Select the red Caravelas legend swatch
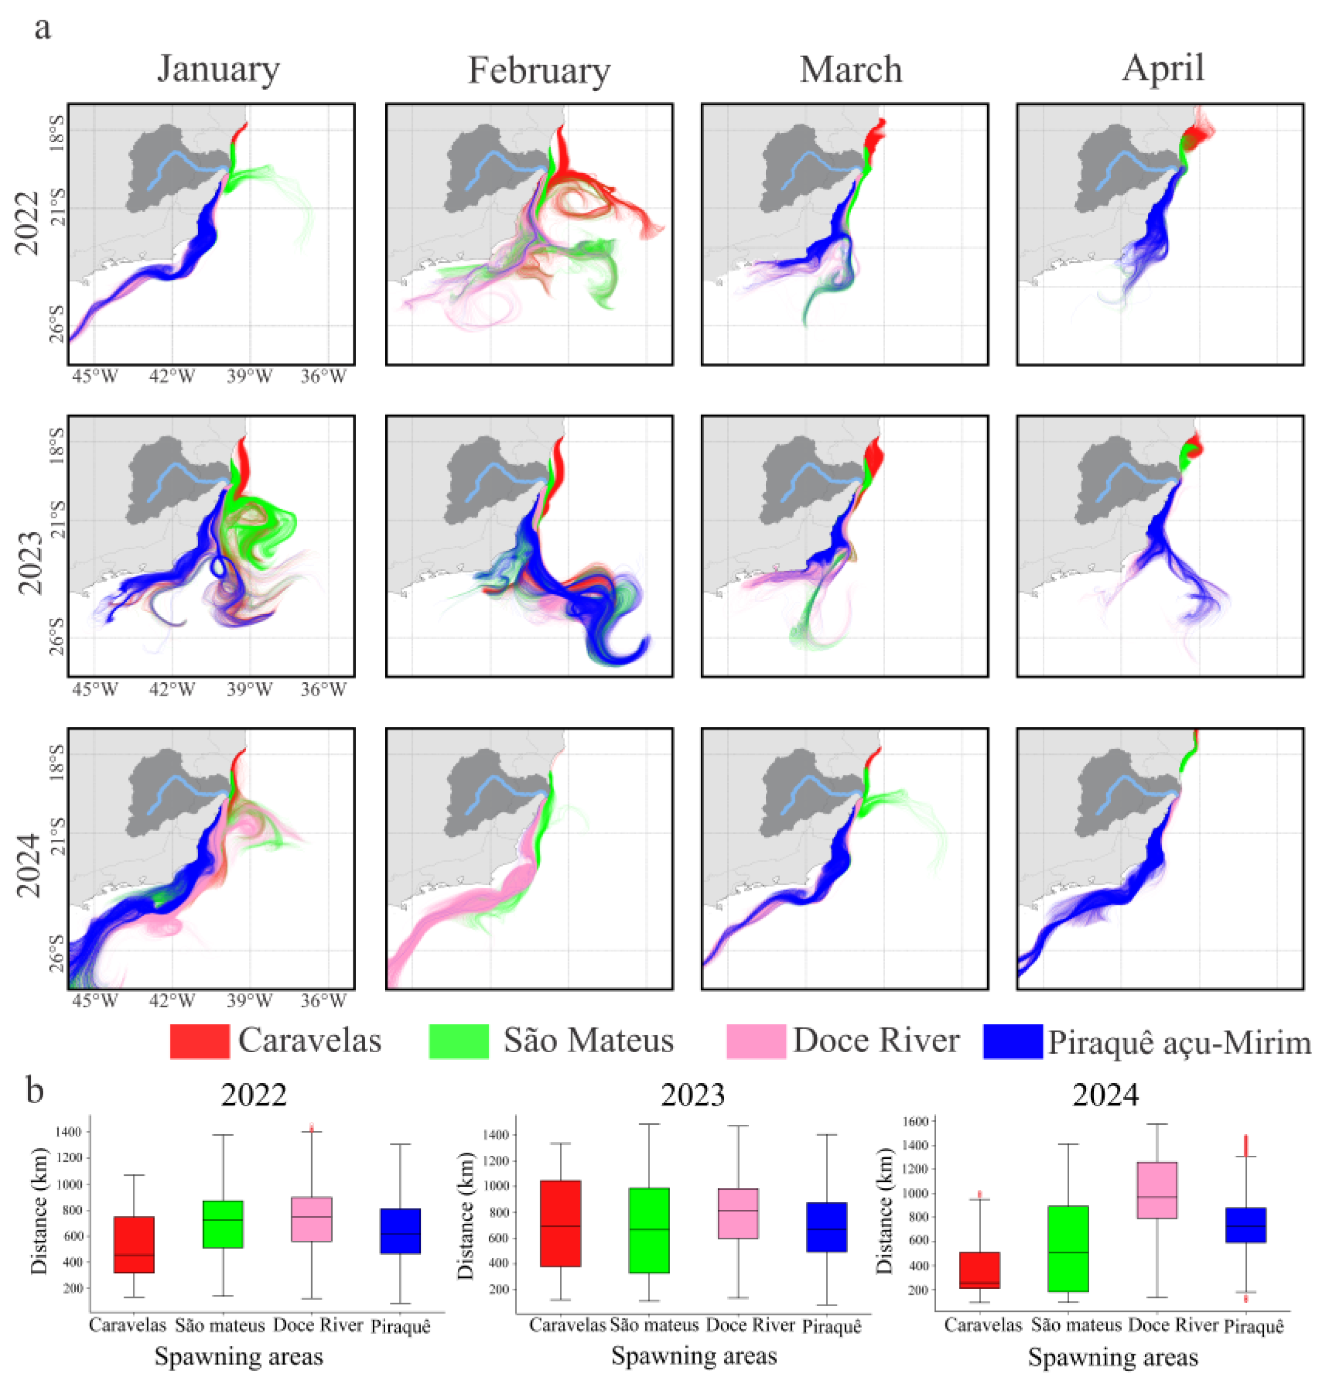point(200,1041)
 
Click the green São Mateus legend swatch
point(458,1041)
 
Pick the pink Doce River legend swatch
point(755,1041)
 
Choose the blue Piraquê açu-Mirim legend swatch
point(1013,1041)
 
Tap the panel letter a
point(42,30)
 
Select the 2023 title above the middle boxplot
point(693,1095)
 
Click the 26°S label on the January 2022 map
point(57,323)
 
